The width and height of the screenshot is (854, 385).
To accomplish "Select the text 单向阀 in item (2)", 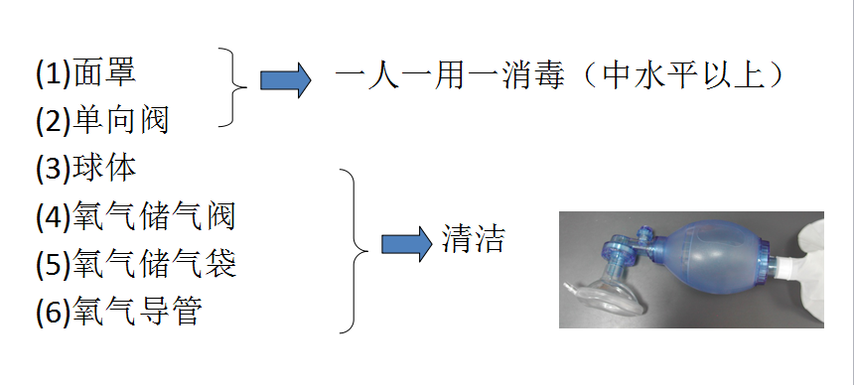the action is point(121,121).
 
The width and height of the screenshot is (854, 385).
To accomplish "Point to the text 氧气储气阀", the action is point(154,216).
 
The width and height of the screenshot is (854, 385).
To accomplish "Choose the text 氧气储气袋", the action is point(154,265).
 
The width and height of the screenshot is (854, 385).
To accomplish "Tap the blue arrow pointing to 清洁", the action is point(406,242).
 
